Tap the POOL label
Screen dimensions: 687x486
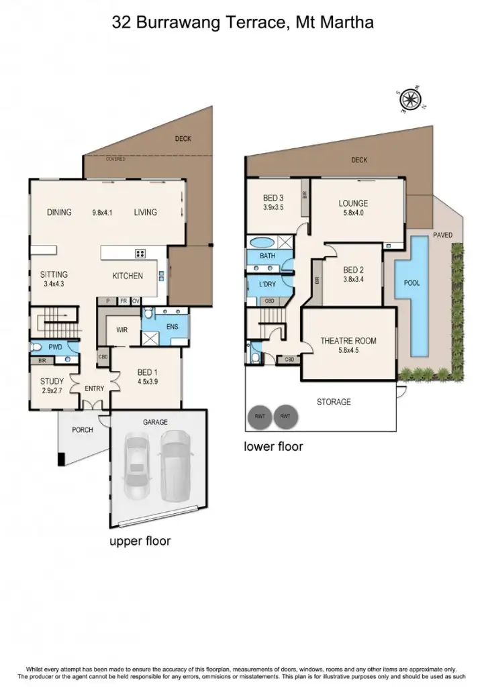[x=411, y=283]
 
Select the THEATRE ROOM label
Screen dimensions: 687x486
[x=348, y=341]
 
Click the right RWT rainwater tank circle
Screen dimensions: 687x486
[x=286, y=417]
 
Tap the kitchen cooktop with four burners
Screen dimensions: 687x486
[x=142, y=253]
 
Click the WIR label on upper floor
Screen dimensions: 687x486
[x=122, y=330]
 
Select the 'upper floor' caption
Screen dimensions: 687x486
[x=140, y=541]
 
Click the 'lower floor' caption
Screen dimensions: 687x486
[x=273, y=446]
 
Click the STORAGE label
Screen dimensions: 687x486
[x=334, y=402]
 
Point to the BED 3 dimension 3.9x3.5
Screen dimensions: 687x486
[x=275, y=207]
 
